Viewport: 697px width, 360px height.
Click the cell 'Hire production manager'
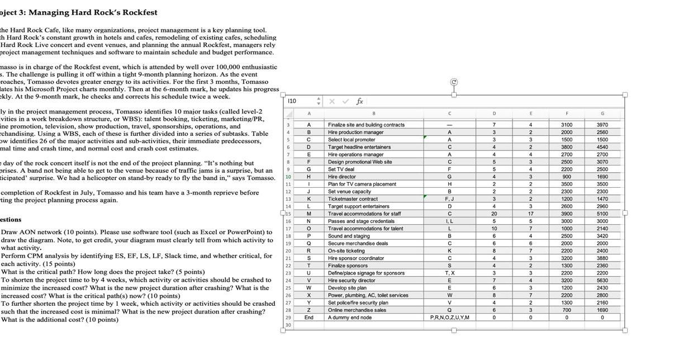pyautogui.click(x=355, y=132)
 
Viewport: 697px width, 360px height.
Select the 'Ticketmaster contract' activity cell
pyautogui.click(x=353, y=199)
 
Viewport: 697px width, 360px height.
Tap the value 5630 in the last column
pyautogui.click(x=602, y=281)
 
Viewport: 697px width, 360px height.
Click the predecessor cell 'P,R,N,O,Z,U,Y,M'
pyautogui.click(x=449, y=318)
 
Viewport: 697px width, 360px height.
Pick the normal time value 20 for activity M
pyautogui.click(x=494, y=214)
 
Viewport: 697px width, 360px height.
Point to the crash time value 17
pyautogui.click(x=530, y=214)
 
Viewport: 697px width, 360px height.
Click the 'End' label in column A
pyautogui.click(x=309, y=318)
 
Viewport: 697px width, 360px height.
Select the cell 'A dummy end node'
pyautogui.click(x=350, y=318)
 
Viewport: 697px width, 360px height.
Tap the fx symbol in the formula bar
pyautogui.click(x=360, y=102)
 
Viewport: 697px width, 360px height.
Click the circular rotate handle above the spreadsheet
pyautogui.click(x=454, y=83)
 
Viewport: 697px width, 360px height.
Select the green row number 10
pyautogui.click(x=288, y=177)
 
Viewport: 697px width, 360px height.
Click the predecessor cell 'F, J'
pyautogui.click(x=449, y=199)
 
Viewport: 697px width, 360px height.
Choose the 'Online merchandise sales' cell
pyautogui.click(x=357, y=310)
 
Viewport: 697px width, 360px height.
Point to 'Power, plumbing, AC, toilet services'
pyautogui.click(x=368, y=295)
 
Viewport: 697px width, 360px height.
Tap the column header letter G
pyautogui.click(x=602, y=113)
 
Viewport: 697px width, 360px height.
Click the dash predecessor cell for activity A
pyautogui.click(x=449, y=125)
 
